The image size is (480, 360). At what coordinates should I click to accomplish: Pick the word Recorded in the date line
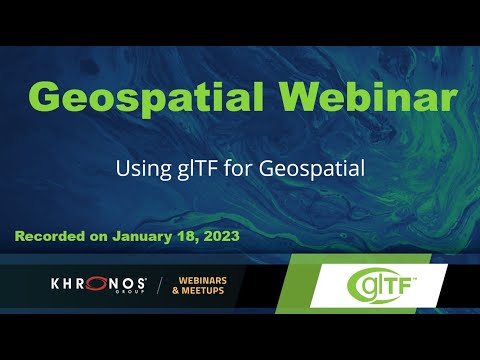[x=54, y=238]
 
